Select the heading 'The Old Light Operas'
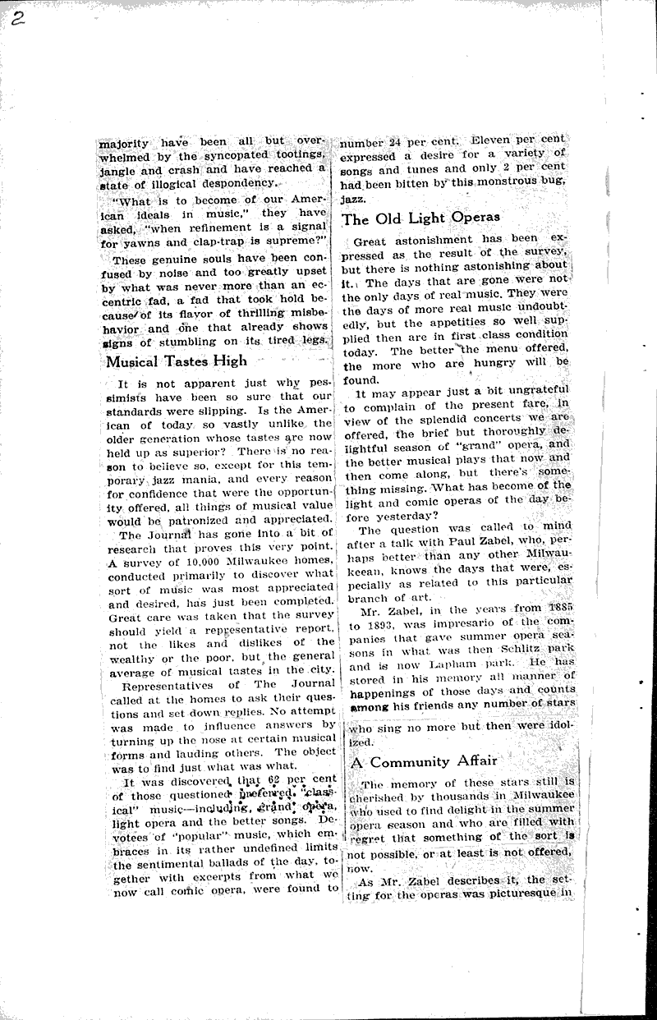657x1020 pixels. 420,218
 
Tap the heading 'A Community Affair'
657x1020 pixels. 423,760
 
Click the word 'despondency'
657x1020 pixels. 237,183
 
